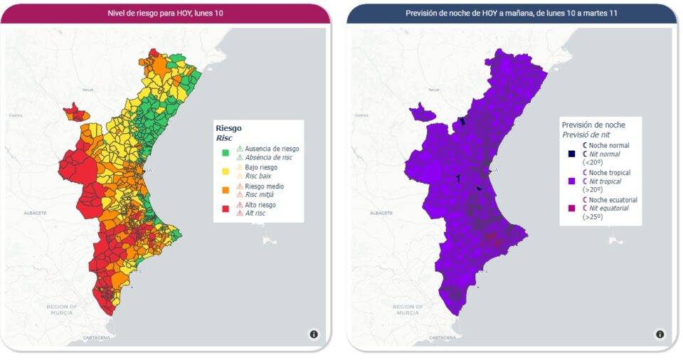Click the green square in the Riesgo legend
point(225,152)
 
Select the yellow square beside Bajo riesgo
point(225,171)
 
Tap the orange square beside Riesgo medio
point(225,190)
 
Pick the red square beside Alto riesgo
point(225,208)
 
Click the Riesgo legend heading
point(228,128)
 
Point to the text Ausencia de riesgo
point(272,149)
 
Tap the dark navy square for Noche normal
point(571,154)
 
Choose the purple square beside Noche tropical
point(571,181)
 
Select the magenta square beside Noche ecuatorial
point(571,208)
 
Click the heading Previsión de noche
point(593,125)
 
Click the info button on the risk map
point(314,334)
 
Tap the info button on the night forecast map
point(660,334)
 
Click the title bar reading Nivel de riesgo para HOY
point(165,13)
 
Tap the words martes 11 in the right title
point(599,13)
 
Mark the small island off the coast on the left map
point(268,241)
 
